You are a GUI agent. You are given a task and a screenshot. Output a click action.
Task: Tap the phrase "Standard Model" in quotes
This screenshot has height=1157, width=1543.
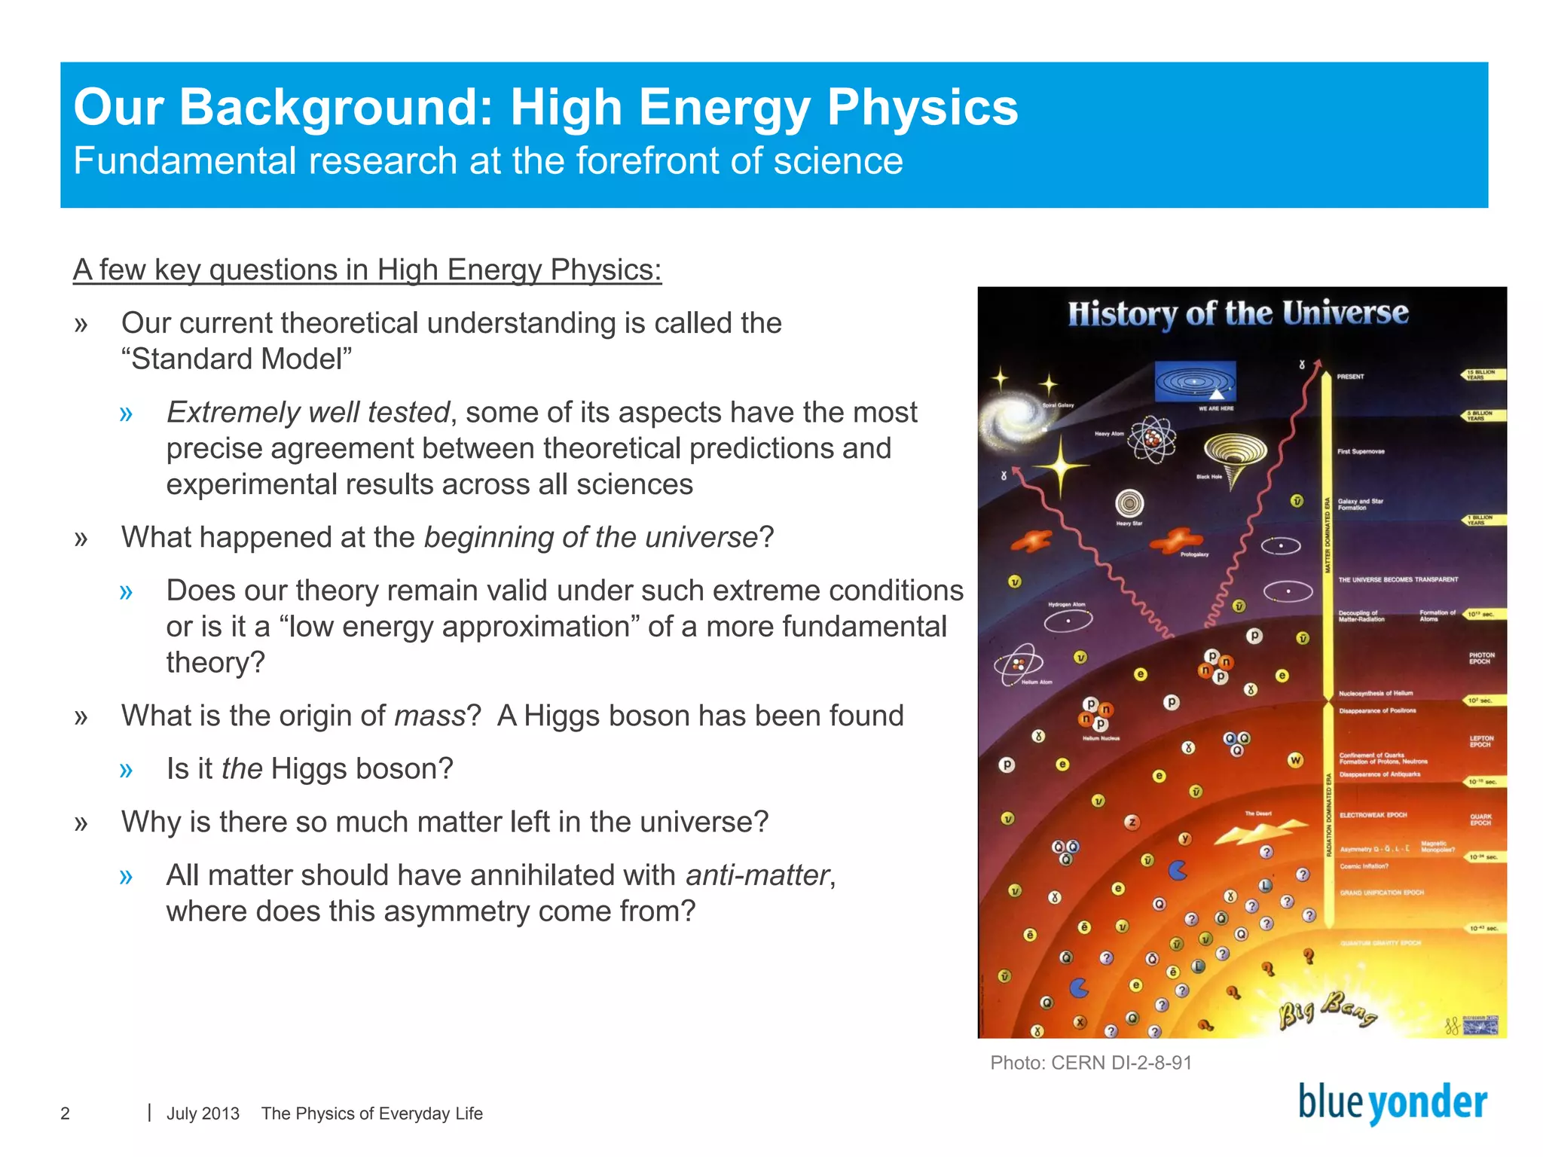point(237,359)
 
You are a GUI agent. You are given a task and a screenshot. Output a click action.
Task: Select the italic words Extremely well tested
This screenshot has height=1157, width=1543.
point(307,413)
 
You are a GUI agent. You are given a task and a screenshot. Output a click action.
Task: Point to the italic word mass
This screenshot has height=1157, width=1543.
point(430,716)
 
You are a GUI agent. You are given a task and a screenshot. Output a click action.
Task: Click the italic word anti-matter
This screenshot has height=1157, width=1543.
point(756,875)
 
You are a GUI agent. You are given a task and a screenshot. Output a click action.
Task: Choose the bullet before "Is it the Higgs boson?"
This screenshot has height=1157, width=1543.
point(126,770)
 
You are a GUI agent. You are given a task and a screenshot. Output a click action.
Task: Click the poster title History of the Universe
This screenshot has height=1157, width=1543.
point(1237,313)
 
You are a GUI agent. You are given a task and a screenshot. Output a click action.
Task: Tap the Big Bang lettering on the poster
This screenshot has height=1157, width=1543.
point(1328,1011)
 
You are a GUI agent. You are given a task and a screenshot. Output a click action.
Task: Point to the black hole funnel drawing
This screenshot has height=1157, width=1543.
point(1234,455)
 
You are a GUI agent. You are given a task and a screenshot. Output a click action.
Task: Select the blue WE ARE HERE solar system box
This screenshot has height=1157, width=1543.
point(1195,382)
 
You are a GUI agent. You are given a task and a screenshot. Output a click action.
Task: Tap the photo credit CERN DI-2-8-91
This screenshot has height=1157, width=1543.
point(1090,1063)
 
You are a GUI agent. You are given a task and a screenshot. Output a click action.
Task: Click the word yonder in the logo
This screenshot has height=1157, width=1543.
point(1427,1104)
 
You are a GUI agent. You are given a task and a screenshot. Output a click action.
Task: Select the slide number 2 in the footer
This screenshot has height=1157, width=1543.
point(66,1113)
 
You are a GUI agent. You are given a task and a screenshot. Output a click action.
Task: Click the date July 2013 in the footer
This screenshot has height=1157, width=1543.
point(203,1113)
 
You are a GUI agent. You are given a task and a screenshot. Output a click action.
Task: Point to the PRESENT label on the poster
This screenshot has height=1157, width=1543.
point(1350,377)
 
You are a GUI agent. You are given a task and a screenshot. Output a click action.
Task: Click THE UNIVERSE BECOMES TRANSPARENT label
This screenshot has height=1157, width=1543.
point(1398,580)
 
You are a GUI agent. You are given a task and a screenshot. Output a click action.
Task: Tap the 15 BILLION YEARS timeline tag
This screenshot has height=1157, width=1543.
point(1481,374)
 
